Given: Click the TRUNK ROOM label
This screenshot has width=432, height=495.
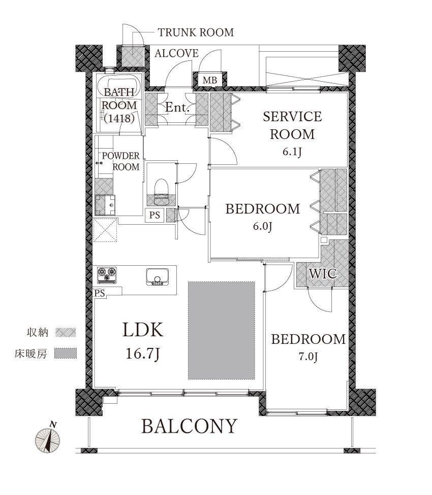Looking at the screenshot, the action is point(196,32).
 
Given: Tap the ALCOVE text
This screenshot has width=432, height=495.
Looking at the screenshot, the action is point(176,53).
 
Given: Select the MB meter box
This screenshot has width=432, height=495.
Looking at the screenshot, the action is point(210,80).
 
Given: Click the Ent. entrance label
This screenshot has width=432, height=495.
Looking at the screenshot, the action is point(177,108).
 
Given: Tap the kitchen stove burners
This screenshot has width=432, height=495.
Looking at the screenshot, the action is point(107,275).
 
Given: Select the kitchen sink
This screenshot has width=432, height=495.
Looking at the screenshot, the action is point(158,277).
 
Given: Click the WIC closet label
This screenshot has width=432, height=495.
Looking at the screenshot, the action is point(323,273).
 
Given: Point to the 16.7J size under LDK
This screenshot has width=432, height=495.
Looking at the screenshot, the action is point(142,353).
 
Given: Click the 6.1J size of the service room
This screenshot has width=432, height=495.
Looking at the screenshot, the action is point(292,152).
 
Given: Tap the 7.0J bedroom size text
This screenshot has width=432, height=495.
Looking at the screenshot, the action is point(308,357).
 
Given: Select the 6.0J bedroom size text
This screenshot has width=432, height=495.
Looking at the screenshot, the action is point(262,226).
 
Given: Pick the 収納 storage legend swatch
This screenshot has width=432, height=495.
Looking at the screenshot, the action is point(66,332).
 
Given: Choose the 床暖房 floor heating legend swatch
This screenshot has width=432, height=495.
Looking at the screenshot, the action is point(66,353).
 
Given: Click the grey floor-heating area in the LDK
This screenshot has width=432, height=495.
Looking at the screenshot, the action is point(222,330).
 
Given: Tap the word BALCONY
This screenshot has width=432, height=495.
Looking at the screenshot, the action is point(189,426).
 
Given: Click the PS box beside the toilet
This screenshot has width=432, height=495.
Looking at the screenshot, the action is point(155,216).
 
